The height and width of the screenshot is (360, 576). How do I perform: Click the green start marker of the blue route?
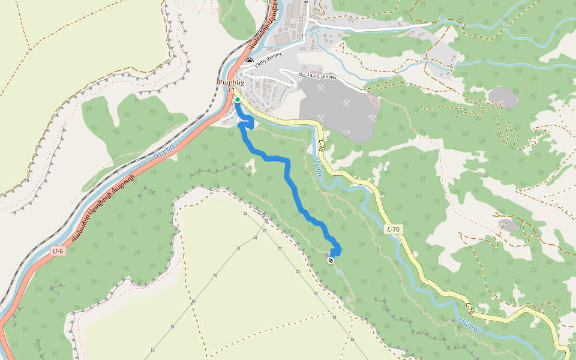coord(238,100)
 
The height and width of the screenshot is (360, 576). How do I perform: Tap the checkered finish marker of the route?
coord(331,260)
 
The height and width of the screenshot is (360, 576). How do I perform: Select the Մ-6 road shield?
coord(58,251)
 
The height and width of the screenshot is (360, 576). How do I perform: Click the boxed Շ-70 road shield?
coord(393,229)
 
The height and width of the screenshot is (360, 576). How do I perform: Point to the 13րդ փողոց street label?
coord(268,67)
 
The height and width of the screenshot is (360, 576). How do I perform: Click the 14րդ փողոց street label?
coord(321,76)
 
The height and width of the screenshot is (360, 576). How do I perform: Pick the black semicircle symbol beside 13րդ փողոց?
coord(250,61)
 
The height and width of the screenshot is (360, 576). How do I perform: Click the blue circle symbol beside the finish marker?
coord(340,272)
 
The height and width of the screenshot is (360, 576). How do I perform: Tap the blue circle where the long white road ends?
coord(442,19)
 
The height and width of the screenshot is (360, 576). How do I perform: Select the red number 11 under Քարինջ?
coord(231,89)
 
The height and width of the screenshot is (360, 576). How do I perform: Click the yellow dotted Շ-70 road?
coord(420,270)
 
